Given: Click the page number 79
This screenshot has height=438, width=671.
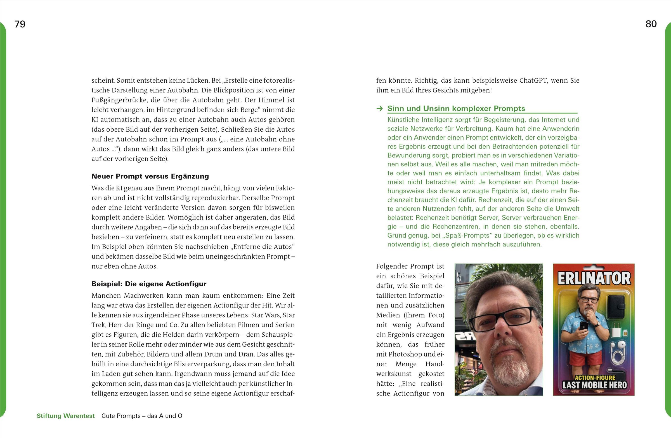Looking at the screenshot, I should click(20, 24).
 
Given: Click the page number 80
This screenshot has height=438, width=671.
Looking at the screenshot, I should click(651, 24).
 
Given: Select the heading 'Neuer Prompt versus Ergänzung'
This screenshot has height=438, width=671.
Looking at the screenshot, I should click(150, 176).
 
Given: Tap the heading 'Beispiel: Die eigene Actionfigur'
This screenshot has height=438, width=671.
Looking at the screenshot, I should click(149, 284).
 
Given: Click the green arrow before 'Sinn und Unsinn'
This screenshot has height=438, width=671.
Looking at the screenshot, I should click(379, 109).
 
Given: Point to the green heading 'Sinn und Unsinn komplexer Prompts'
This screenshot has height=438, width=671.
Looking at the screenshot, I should click(456, 108).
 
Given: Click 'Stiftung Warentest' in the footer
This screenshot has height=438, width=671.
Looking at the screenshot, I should click(66, 416).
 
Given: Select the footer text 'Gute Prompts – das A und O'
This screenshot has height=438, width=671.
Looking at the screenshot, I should click(142, 416).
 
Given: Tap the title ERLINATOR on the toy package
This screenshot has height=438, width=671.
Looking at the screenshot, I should click(594, 278).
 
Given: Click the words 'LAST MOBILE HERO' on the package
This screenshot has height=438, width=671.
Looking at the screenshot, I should click(594, 385).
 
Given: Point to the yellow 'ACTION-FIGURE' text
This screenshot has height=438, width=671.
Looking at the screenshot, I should click(595, 378).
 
